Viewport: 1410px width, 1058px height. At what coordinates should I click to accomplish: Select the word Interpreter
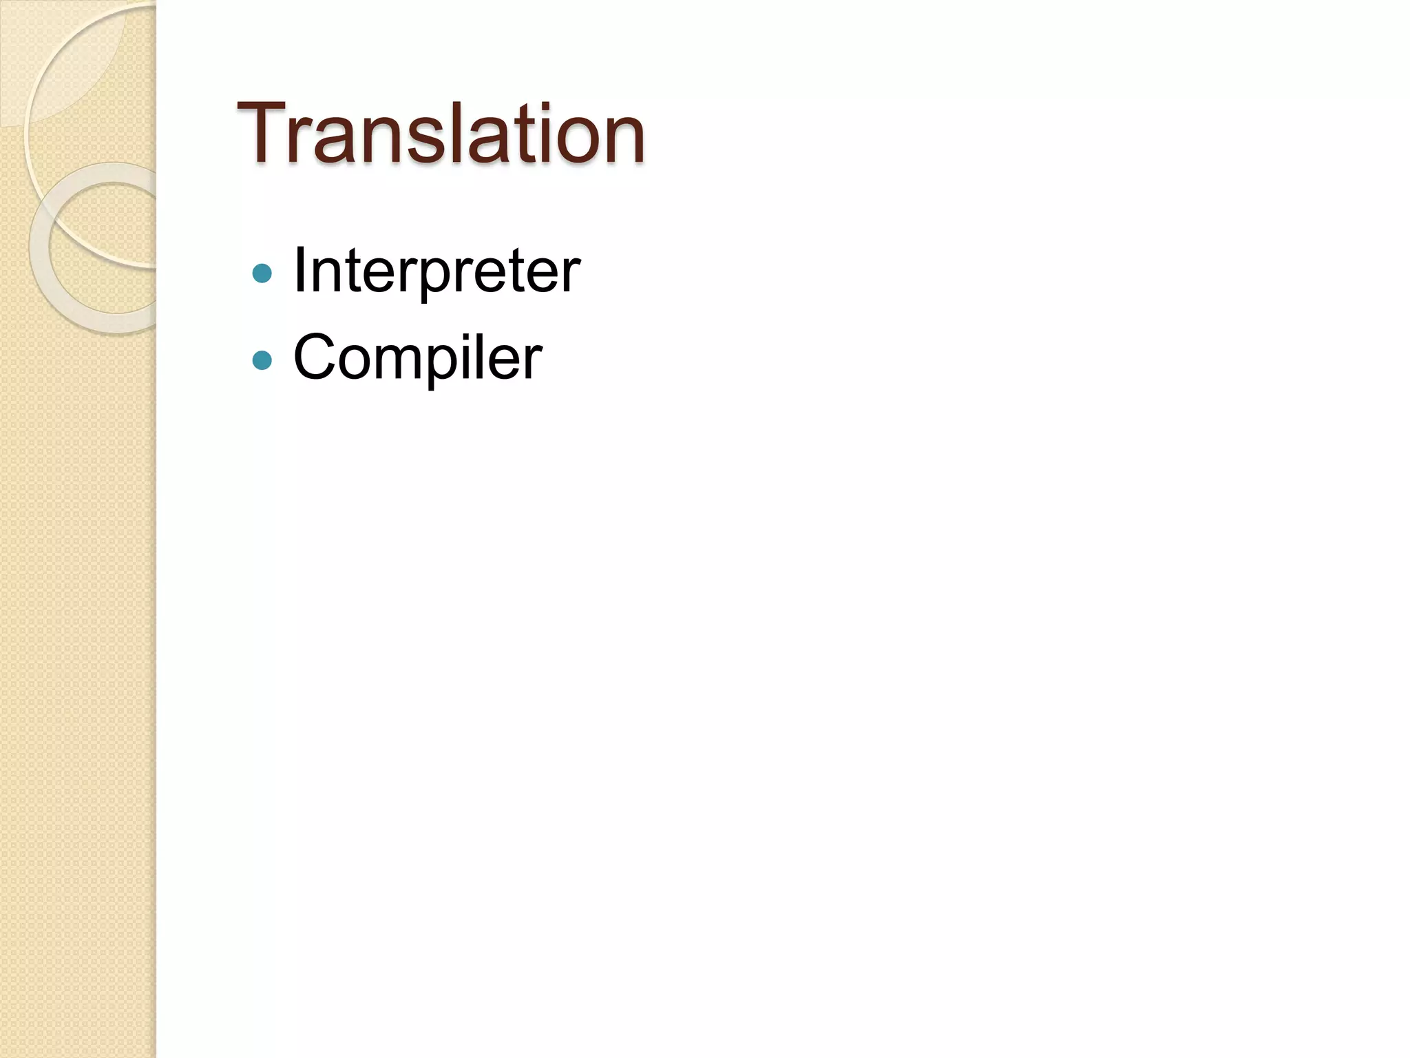(436, 271)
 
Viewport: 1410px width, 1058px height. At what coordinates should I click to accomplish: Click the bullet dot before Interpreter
(262, 273)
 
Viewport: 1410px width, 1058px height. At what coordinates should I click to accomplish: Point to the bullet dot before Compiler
(262, 360)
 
